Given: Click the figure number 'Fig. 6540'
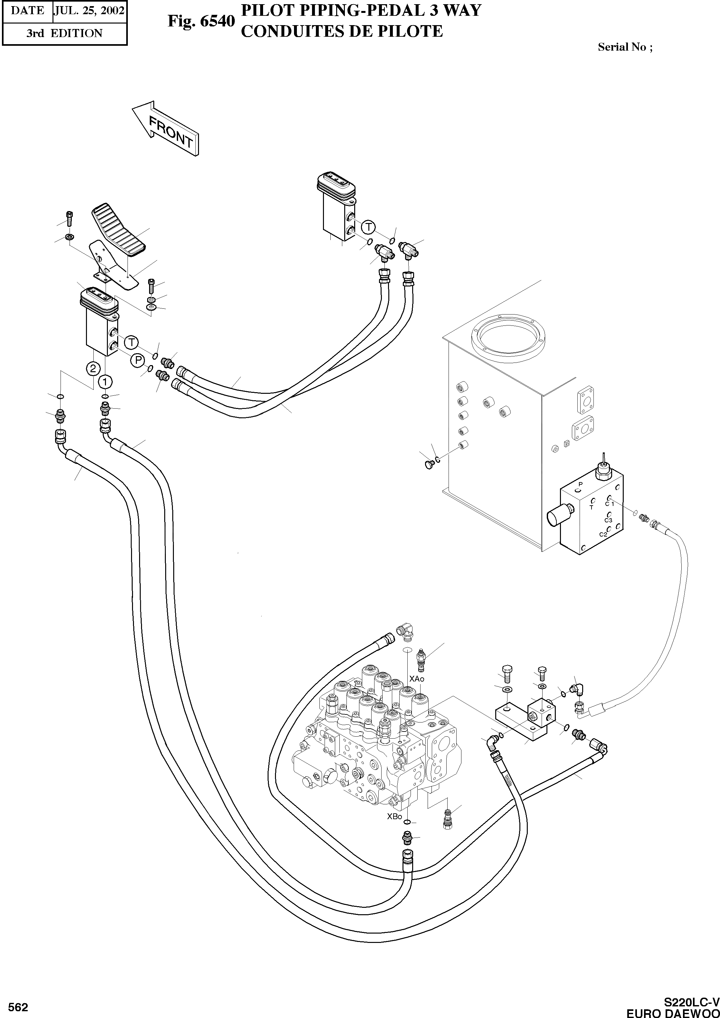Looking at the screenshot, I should click(200, 21).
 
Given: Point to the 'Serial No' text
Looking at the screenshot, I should click(625, 47).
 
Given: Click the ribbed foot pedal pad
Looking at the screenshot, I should click(119, 231).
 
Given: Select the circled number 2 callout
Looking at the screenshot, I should click(93, 368).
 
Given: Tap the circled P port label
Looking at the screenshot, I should click(137, 361).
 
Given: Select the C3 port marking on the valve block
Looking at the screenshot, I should click(608, 520).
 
